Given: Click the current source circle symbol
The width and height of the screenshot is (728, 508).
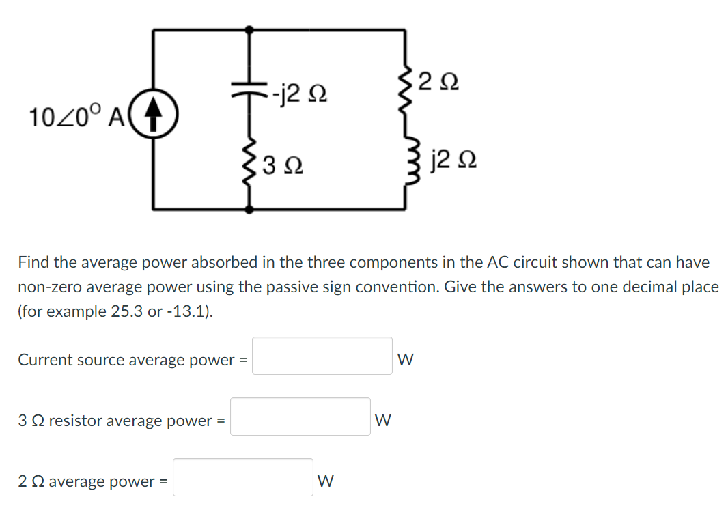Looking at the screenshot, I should click(154, 117).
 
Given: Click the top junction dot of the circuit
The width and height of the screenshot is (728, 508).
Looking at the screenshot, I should click(249, 30).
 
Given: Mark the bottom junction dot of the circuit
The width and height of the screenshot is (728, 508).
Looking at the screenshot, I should click(249, 209).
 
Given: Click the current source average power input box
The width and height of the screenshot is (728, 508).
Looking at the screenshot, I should click(322, 356).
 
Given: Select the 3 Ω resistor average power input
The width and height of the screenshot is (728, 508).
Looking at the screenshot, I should click(300, 417).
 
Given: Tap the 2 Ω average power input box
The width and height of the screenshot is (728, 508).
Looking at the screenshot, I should click(242, 477).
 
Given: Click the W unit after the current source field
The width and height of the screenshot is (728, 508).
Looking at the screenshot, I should click(405, 359).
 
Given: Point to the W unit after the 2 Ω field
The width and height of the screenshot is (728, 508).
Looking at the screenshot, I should click(326, 481).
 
